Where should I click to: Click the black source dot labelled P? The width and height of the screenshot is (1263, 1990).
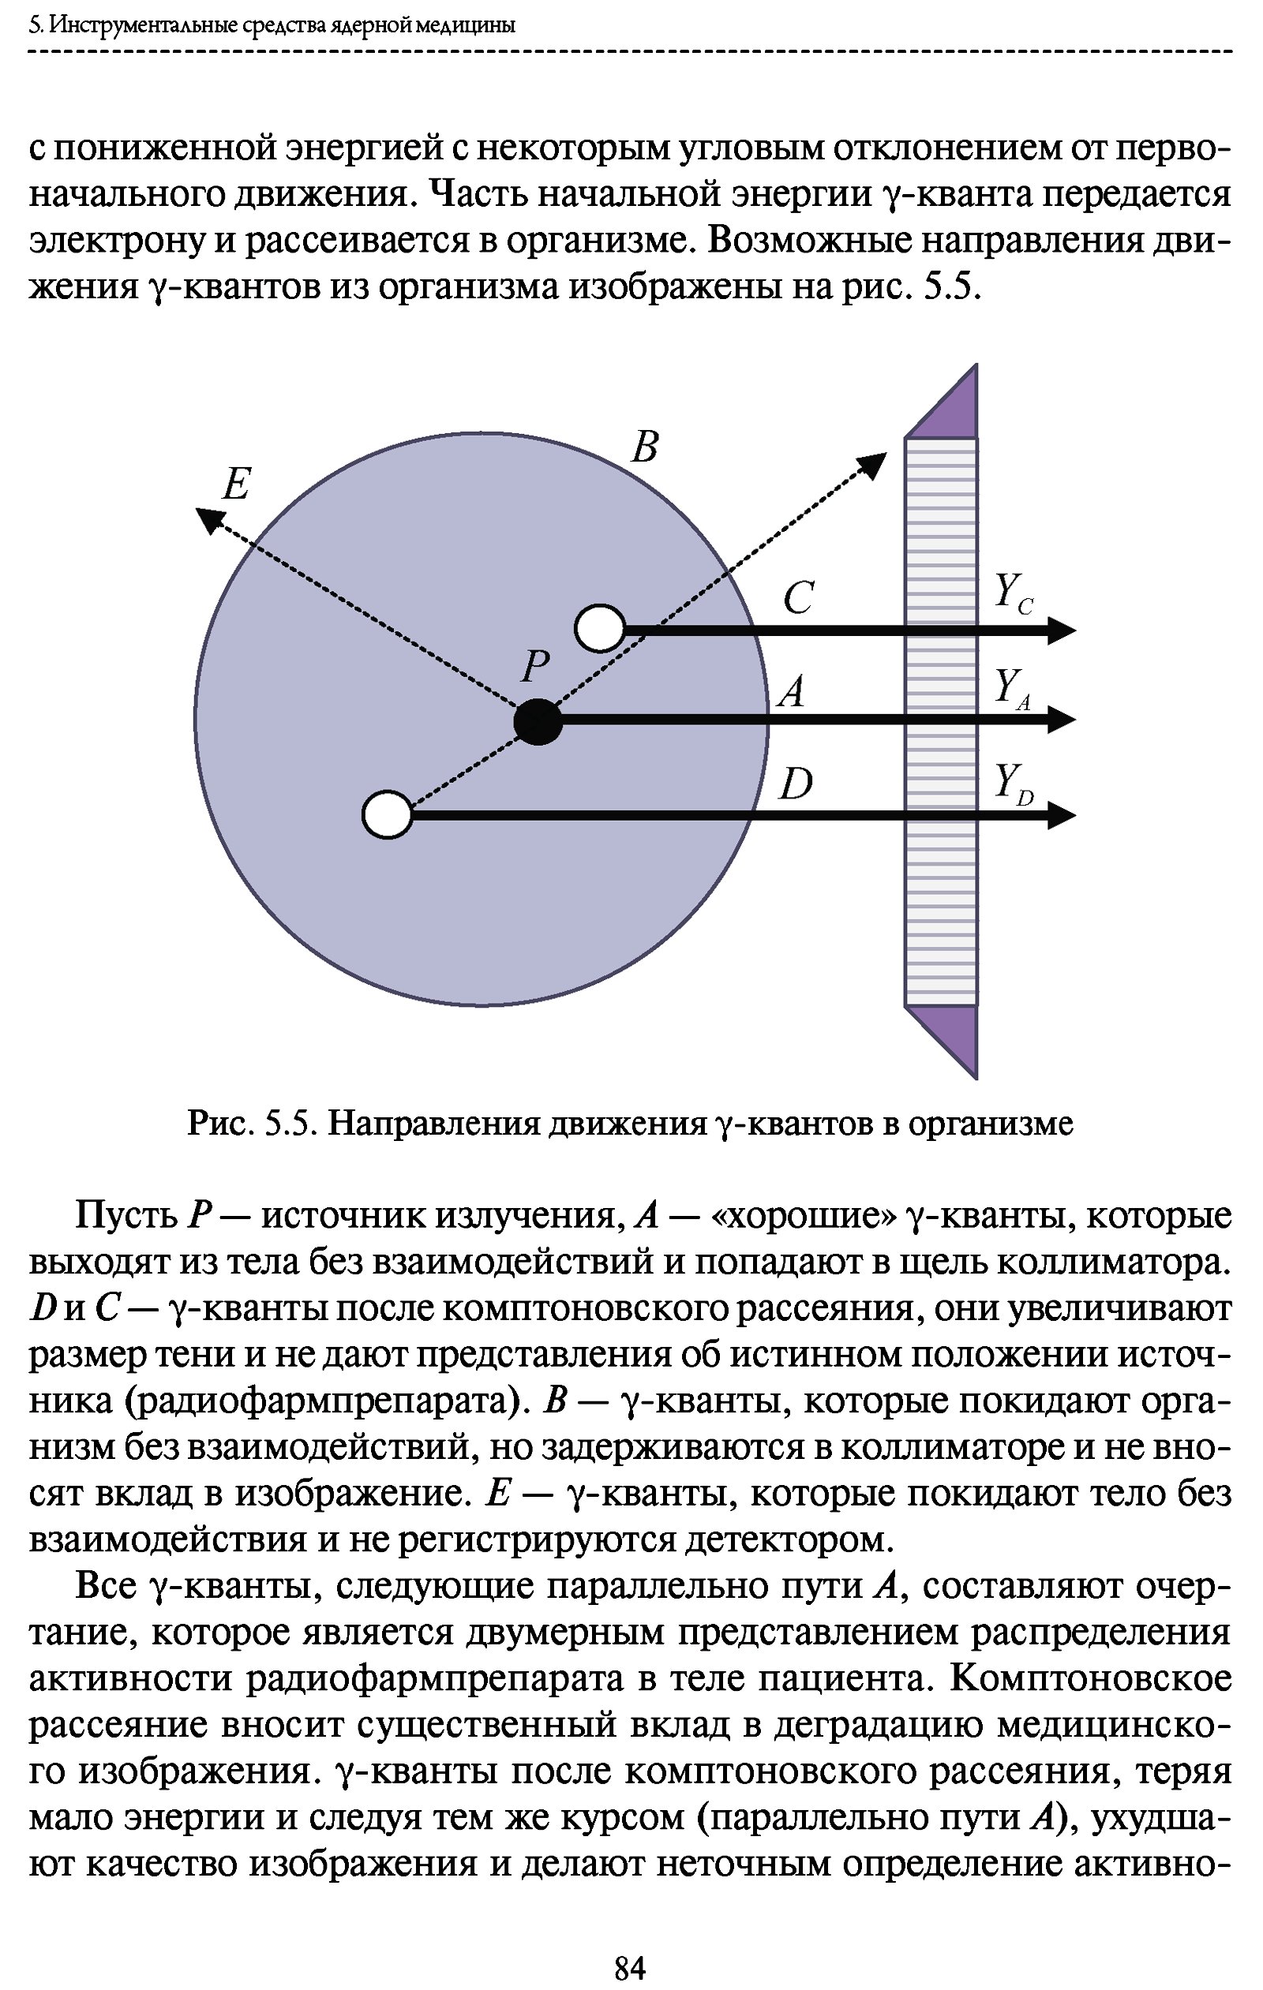pos(538,720)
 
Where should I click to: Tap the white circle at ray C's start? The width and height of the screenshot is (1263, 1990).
pos(600,628)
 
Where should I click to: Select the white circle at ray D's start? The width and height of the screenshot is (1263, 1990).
pos(387,815)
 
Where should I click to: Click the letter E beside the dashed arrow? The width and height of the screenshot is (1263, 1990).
pos(236,484)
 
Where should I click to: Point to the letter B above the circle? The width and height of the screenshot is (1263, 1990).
pos(644,447)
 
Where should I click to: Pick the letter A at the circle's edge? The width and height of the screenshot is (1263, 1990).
pos(792,691)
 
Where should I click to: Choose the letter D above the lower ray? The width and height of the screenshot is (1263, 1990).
pos(796,783)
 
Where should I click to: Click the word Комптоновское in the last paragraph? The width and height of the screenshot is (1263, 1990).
pos(1090,1678)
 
